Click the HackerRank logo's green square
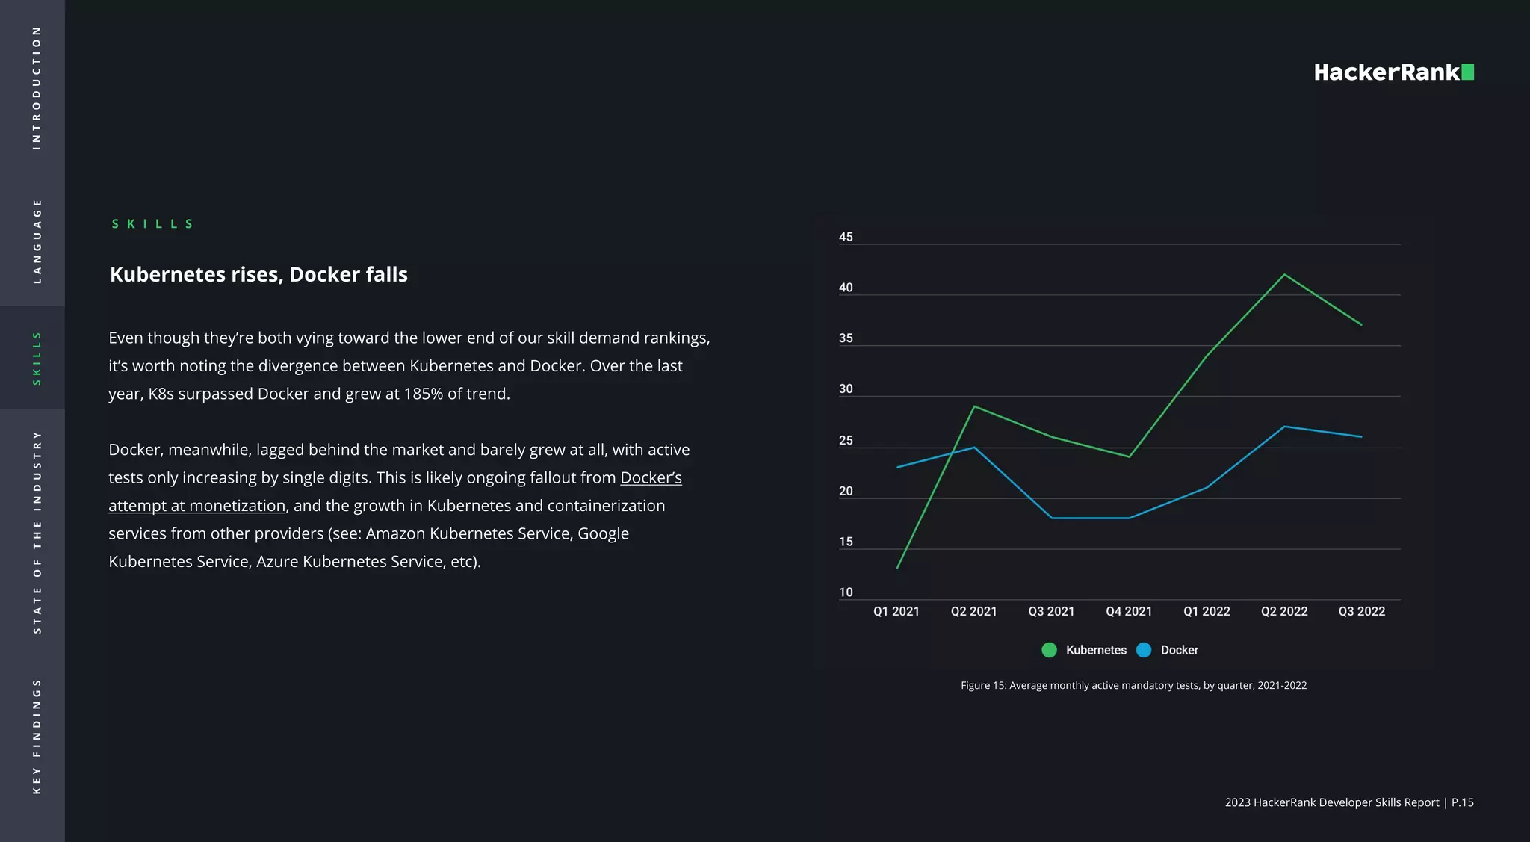click(x=1467, y=72)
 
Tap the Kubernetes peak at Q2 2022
click(x=1284, y=275)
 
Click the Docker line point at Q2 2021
click(x=974, y=448)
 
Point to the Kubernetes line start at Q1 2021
click(x=897, y=568)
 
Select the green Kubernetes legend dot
click(x=1049, y=650)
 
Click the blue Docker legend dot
click(x=1144, y=650)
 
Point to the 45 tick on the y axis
click(x=846, y=237)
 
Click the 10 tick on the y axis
click(x=846, y=592)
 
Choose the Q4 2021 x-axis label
click(x=1129, y=611)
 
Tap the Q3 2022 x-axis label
click(x=1361, y=611)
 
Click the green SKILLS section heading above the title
click(x=152, y=224)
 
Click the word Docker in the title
click(x=324, y=275)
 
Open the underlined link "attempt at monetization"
click(x=197, y=506)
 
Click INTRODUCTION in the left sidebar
click(x=37, y=88)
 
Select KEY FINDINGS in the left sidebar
click(x=37, y=736)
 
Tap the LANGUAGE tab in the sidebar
click(x=37, y=241)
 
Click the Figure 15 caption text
click(x=1133, y=685)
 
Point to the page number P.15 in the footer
click(x=1462, y=802)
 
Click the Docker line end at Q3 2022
click(x=1361, y=437)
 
